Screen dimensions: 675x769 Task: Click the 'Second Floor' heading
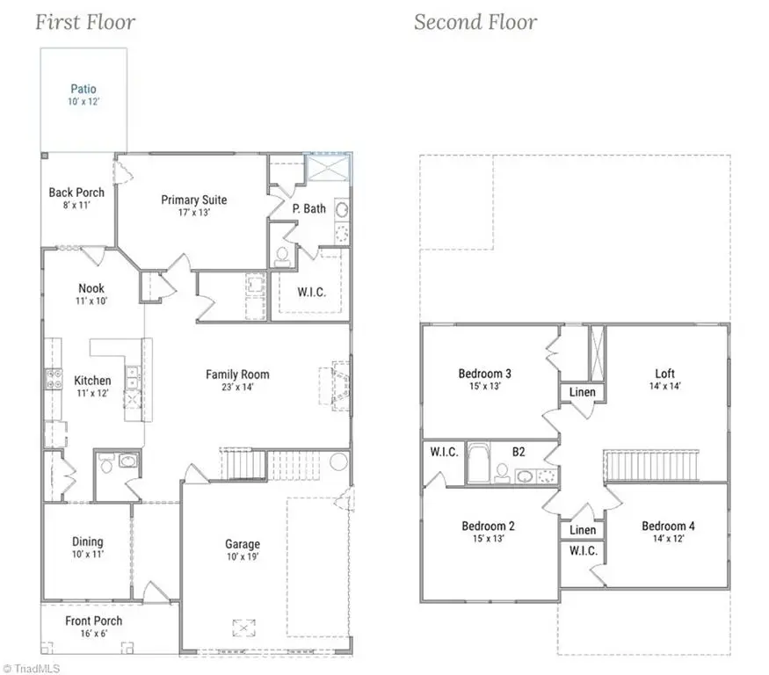[475, 22]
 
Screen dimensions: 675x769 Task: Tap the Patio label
[83, 89]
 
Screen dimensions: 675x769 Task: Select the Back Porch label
[76, 192]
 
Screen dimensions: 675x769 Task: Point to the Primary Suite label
[193, 200]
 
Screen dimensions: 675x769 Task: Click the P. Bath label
[309, 208]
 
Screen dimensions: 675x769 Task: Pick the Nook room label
[91, 288]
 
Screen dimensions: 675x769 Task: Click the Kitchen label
[92, 381]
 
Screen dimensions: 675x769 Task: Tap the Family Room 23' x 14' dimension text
[237, 388]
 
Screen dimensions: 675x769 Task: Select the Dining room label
[87, 541]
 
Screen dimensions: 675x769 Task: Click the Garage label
[242, 544]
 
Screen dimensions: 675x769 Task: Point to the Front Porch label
[94, 621]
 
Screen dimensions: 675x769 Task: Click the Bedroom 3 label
[485, 374]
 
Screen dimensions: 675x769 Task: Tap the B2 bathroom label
[519, 451]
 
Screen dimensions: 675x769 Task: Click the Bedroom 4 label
[669, 526]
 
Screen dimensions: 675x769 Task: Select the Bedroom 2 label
[488, 526]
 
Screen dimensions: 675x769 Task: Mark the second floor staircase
[651, 466]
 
